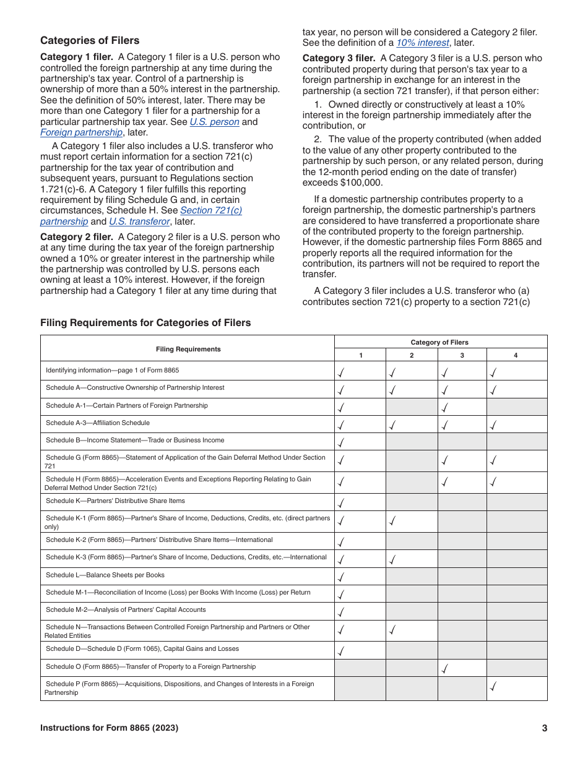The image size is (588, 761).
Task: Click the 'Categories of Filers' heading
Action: click(x=90, y=41)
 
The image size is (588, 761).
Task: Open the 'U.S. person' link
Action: click(x=214, y=122)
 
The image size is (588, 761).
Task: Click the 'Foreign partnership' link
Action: click(x=81, y=132)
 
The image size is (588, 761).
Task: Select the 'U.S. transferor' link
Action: click(x=139, y=221)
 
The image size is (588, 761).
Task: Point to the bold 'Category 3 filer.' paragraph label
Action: click(x=339, y=58)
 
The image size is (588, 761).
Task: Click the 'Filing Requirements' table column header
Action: click(x=188, y=349)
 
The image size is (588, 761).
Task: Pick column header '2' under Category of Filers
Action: click(x=412, y=355)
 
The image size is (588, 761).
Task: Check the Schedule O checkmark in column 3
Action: click(x=445, y=668)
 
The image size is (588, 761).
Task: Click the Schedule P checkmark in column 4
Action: click(x=493, y=686)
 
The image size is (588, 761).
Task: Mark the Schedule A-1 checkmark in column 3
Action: click(x=445, y=407)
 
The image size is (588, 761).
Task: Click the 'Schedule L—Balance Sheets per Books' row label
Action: click(x=105, y=575)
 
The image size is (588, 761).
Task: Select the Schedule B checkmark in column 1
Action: click(x=341, y=442)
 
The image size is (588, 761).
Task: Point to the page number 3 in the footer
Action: click(x=544, y=728)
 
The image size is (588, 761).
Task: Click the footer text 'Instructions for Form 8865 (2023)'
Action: click(x=109, y=728)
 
